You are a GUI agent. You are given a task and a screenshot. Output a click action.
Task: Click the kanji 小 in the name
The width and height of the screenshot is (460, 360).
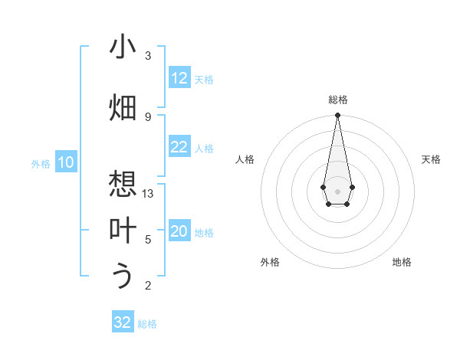[x=123, y=47]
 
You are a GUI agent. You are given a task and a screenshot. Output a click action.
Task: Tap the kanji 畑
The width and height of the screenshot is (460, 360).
[x=123, y=107]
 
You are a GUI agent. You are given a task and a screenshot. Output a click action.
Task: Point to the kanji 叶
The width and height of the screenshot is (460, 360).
[x=123, y=231]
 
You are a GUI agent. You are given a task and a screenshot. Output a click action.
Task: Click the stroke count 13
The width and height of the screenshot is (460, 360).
[x=148, y=194]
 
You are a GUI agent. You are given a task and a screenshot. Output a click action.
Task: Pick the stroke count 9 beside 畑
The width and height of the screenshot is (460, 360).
[x=148, y=116]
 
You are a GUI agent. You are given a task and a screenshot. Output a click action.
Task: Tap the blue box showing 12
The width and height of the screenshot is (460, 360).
[x=179, y=78]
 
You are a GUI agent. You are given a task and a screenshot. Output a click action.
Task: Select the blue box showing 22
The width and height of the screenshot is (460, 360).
[x=179, y=148]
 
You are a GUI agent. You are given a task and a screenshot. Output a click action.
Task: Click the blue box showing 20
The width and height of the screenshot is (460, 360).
[x=179, y=232]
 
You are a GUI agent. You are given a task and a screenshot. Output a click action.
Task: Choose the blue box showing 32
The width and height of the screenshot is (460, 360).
[x=123, y=322]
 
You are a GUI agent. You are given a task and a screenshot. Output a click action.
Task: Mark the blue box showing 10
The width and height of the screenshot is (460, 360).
[x=66, y=162]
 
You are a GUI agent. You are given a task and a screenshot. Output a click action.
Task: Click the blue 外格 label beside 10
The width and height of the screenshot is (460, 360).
[x=41, y=163]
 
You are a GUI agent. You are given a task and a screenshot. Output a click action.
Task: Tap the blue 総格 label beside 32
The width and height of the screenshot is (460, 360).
[x=147, y=324]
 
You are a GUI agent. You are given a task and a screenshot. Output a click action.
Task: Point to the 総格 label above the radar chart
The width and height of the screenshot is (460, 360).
[x=337, y=100]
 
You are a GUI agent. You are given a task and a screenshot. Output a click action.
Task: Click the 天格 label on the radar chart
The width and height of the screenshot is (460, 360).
[x=431, y=159]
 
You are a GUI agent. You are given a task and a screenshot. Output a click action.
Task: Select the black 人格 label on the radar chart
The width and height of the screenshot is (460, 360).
[x=245, y=159]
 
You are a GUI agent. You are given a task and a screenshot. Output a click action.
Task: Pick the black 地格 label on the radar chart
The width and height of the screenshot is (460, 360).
[x=402, y=262]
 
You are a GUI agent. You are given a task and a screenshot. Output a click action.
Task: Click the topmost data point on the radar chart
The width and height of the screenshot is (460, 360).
[x=337, y=116]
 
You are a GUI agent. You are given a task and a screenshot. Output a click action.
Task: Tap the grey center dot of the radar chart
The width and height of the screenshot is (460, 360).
[x=337, y=190]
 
